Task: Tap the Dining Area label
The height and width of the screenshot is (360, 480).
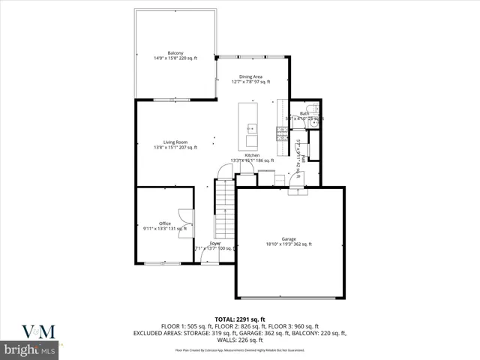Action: (250, 76)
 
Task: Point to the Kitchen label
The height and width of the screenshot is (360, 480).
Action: (252, 155)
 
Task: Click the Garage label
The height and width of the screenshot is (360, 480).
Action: (289, 238)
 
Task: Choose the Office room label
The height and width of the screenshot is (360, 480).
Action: (164, 223)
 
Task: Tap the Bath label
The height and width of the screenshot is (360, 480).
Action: (304, 113)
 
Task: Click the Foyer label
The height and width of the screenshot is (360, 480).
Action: (214, 243)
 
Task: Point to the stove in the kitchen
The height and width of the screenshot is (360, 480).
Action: (282, 133)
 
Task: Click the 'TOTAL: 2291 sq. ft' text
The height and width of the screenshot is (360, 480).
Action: (240, 319)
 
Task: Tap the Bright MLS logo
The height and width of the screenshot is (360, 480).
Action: (30, 350)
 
